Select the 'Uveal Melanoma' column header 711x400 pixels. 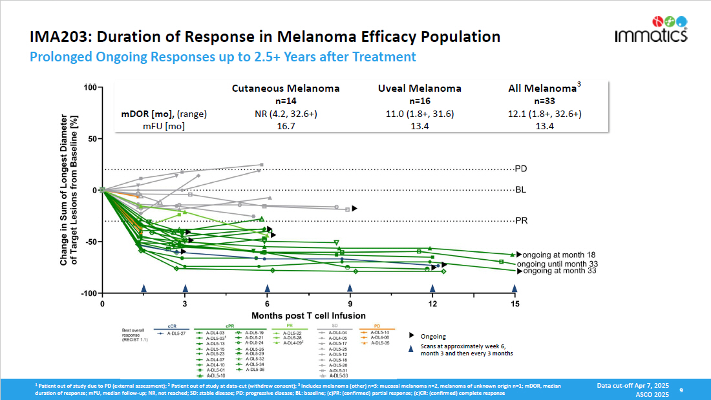pos(419,89)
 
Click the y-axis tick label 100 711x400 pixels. pos(89,87)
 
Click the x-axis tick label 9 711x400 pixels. pos(350,303)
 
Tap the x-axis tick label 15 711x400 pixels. pos(515,303)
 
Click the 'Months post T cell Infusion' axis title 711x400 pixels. pos(308,315)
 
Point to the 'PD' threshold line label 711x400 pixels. pos(521,169)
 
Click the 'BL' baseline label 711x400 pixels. pos(521,190)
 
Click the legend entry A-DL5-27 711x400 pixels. pos(176,333)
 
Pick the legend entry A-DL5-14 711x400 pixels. pos(380,332)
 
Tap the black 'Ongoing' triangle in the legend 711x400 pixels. pos(412,336)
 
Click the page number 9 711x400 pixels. pos(681,390)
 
